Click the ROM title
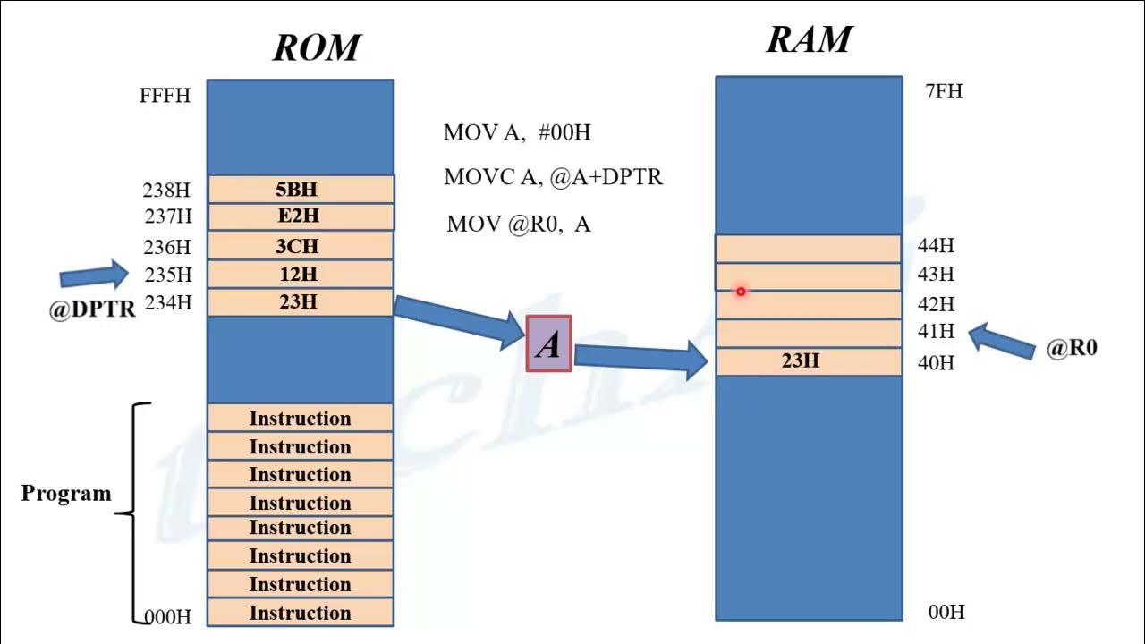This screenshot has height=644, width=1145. click(x=316, y=47)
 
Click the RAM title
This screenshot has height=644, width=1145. click(x=809, y=40)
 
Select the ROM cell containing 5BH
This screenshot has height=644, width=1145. click(x=300, y=189)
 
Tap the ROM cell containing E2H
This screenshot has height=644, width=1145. click(x=300, y=216)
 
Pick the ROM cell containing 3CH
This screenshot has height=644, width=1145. click(x=300, y=246)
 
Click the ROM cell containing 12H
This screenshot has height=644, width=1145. click(x=300, y=274)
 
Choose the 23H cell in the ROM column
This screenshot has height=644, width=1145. click(x=300, y=302)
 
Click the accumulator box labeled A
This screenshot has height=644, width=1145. click(x=548, y=344)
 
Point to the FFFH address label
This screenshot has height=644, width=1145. click(x=165, y=96)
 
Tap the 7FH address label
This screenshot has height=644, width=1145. click(x=944, y=91)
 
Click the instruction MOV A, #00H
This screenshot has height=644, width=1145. click(x=517, y=133)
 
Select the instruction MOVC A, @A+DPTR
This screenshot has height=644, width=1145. click(x=553, y=177)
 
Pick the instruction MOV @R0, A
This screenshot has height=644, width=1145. click(x=518, y=224)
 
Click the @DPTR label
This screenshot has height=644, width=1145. click(x=92, y=309)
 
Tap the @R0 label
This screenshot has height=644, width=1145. click(x=1072, y=348)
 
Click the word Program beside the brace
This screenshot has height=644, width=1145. click(x=66, y=494)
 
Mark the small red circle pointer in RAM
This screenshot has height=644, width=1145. click(x=741, y=292)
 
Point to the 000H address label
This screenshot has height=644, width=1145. click(x=168, y=616)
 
